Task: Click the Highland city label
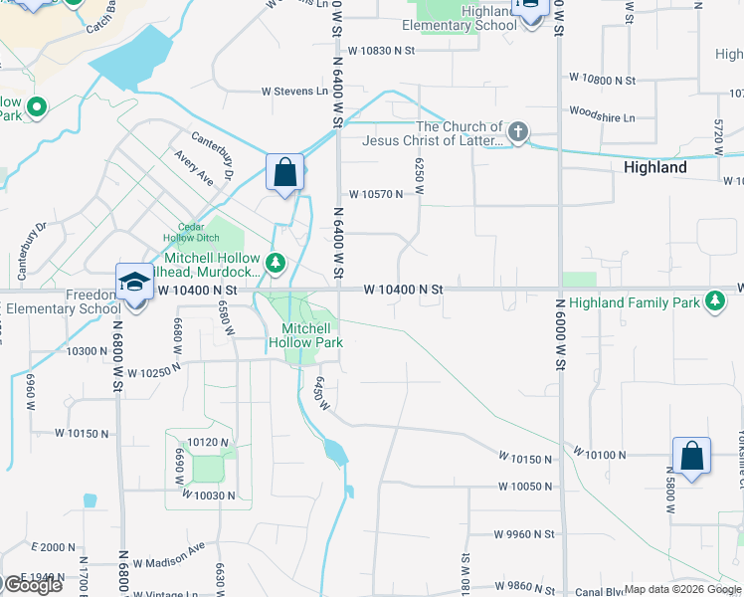point(654,167)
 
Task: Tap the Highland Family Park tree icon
point(713,299)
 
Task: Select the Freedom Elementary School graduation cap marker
point(134,283)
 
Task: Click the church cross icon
point(517,131)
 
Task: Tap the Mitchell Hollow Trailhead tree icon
point(277,264)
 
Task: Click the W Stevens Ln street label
point(294,92)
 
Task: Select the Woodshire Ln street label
point(601,117)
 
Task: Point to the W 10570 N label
point(375,194)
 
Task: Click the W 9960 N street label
point(524,533)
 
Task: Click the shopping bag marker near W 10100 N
point(691,457)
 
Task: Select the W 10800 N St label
point(602,79)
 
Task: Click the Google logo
point(32,584)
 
